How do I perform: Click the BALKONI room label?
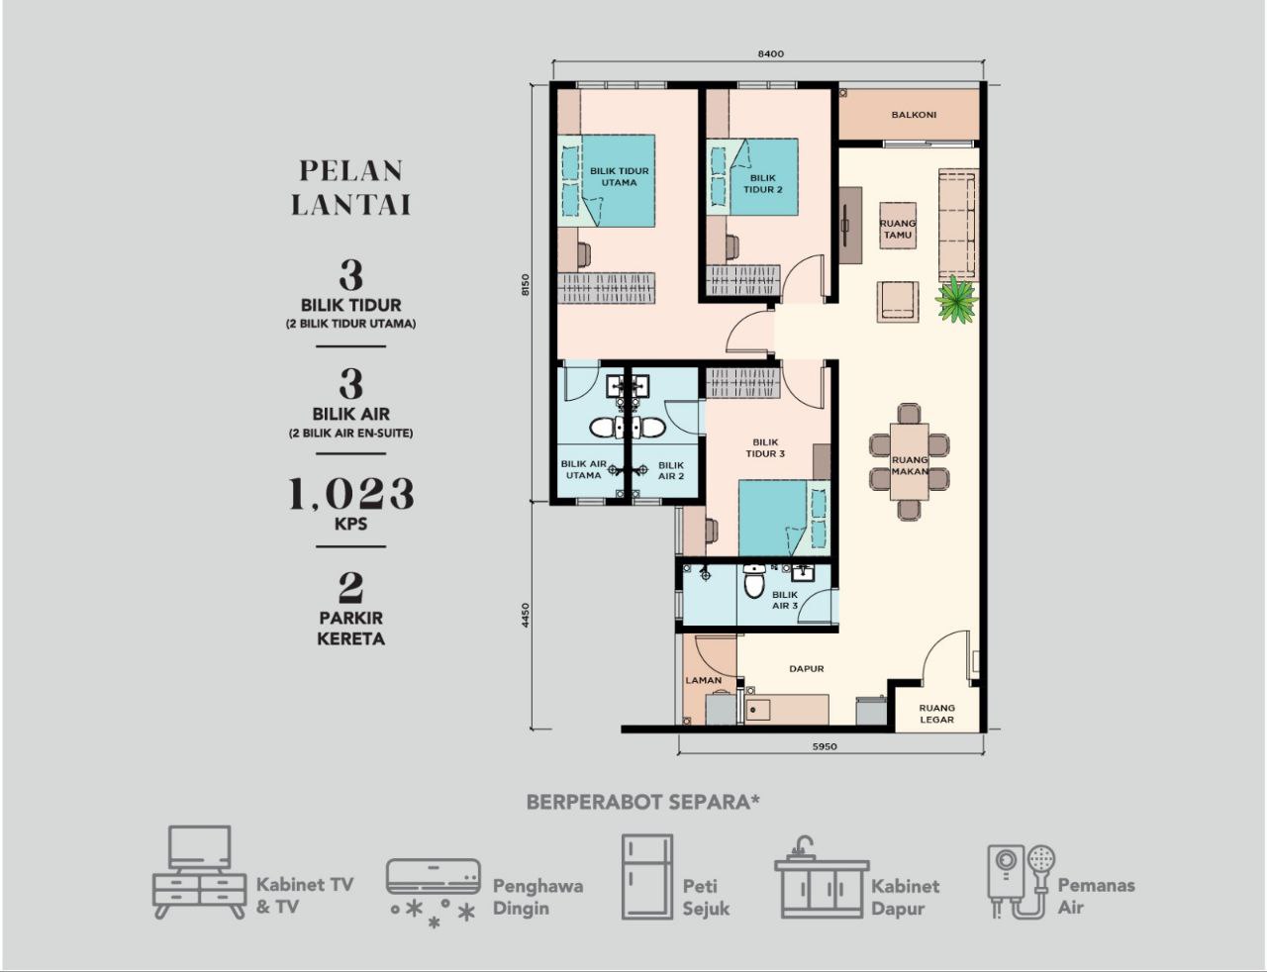(x=913, y=115)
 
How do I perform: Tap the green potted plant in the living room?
(x=956, y=299)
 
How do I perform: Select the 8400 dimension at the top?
(x=770, y=53)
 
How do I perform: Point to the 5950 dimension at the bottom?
(x=825, y=746)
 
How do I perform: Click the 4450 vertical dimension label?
(x=526, y=615)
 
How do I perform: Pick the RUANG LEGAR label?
(x=937, y=714)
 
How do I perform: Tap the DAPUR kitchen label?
(x=807, y=669)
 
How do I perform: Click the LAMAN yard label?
(x=704, y=680)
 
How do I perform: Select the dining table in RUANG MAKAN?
(x=909, y=462)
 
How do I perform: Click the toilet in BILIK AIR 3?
(x=754, y=581)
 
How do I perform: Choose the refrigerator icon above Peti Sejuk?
(x=647, y=877)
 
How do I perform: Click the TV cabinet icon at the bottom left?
(x=199, y=872)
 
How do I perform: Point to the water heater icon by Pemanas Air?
(x=1022, y=882)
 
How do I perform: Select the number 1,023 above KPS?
(x=351, y=494)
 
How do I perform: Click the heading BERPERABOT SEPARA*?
(x=643, y=803)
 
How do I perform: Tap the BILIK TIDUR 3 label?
(x=765, y=447)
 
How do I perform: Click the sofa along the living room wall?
(x=958, y=225)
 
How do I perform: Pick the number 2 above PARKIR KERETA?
(x=351, y=587)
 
